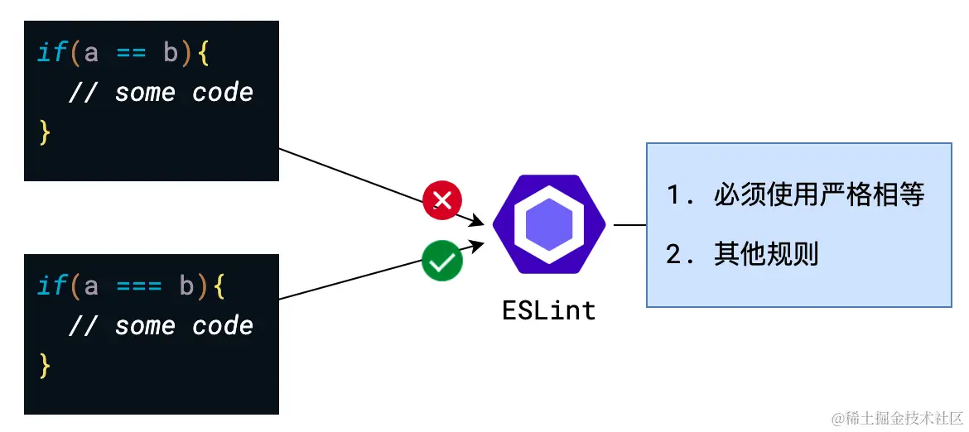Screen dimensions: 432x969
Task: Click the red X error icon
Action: pos(443,200)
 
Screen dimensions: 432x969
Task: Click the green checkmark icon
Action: pos(442,262)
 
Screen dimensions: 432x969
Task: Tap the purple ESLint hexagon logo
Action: pos(549,225)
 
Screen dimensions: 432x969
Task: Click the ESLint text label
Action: pos(549,310)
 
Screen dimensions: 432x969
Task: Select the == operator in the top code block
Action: pos(131,54)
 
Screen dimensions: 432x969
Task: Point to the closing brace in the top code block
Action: pos(45,132)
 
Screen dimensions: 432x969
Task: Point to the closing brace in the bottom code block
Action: pos(45,365)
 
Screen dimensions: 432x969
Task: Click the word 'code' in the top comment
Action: pos(223,93)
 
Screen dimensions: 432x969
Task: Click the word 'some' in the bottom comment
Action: pos(145,326)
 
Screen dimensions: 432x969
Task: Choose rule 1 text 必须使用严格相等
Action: pos(818,195)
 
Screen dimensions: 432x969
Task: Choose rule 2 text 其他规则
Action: pos(766,254)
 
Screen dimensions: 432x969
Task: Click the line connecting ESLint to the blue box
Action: pos(629,225)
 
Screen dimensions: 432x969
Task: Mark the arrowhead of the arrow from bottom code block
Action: pos(478,244)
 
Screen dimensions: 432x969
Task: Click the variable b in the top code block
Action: pos(171,54)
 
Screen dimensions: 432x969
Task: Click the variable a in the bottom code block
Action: pos(91,286)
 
